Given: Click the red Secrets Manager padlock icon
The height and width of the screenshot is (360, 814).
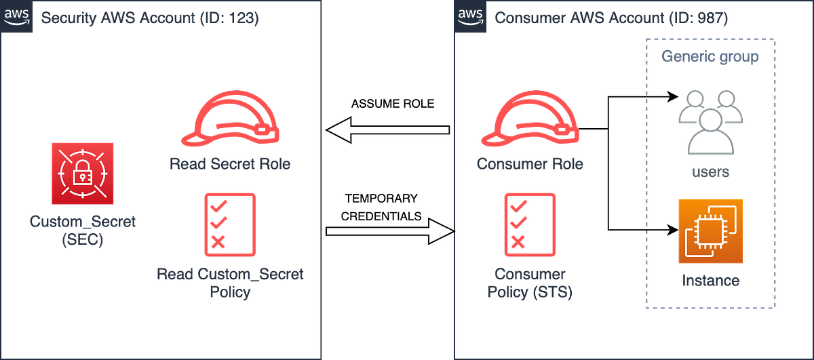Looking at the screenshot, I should (82, 174).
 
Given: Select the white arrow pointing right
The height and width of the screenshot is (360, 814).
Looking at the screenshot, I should (389, 233).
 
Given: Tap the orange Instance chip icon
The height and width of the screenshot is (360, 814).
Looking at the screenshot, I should (710, 231).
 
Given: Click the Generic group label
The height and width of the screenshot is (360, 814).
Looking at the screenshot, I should (710, 56).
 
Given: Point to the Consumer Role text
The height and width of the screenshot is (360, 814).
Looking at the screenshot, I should (530, 164).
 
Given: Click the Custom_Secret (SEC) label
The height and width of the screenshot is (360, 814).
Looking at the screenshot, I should (82, 231).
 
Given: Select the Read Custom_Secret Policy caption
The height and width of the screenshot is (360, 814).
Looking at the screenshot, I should (229, 283).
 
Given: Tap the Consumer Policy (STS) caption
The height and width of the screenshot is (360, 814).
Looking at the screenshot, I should (530, 283).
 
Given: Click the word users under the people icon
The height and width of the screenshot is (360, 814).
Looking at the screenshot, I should (710, 172).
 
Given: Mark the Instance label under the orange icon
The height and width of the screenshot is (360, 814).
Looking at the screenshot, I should (710, 281).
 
